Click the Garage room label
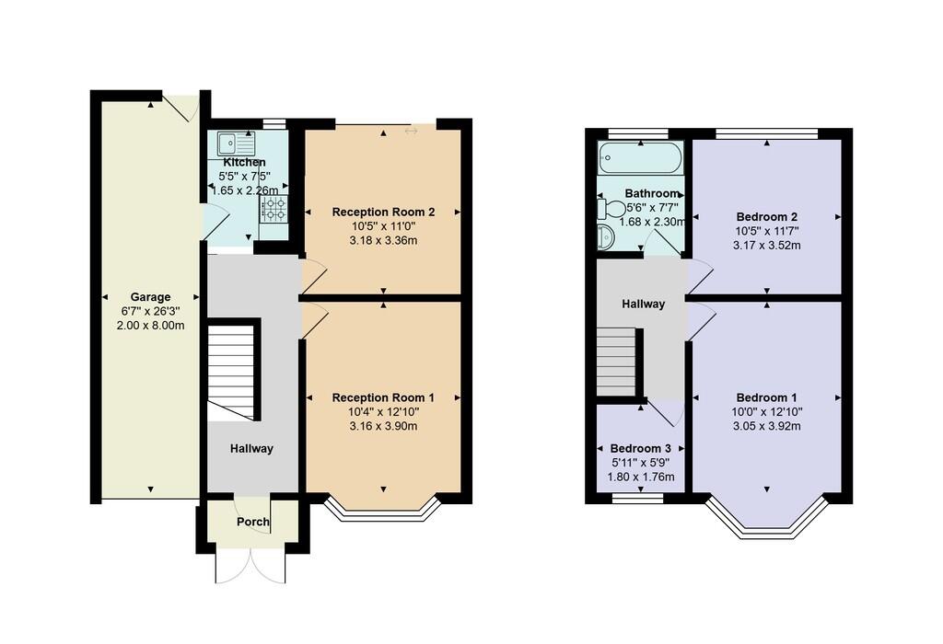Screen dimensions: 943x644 [x=150, y=297]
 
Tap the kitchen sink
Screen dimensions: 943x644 [x=237, y=143]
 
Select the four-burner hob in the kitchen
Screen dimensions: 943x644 [x=274, y=209]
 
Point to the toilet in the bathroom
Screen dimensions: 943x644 [x=611, y=209]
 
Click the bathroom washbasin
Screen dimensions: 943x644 [x=606, y=236]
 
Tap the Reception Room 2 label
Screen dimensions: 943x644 [x=383, y=213]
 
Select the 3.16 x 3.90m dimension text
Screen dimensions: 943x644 [x=383, y=427]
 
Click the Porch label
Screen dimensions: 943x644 [x=253, y=522]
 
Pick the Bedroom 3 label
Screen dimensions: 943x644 [x=641, y=449]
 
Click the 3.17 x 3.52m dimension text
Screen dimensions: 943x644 [x=767, y=245]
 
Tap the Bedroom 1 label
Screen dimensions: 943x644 [x=767, y=397]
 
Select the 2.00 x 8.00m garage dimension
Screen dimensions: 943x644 [x=150, y=326]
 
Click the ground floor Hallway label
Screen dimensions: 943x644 [x=251, y=449]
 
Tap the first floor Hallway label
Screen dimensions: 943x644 [x=643, y=304]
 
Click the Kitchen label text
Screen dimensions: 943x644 [x=244, y=162]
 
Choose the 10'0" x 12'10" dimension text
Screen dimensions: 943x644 [x=767, y=412]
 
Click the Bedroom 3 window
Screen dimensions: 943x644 [x=638, y=498]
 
